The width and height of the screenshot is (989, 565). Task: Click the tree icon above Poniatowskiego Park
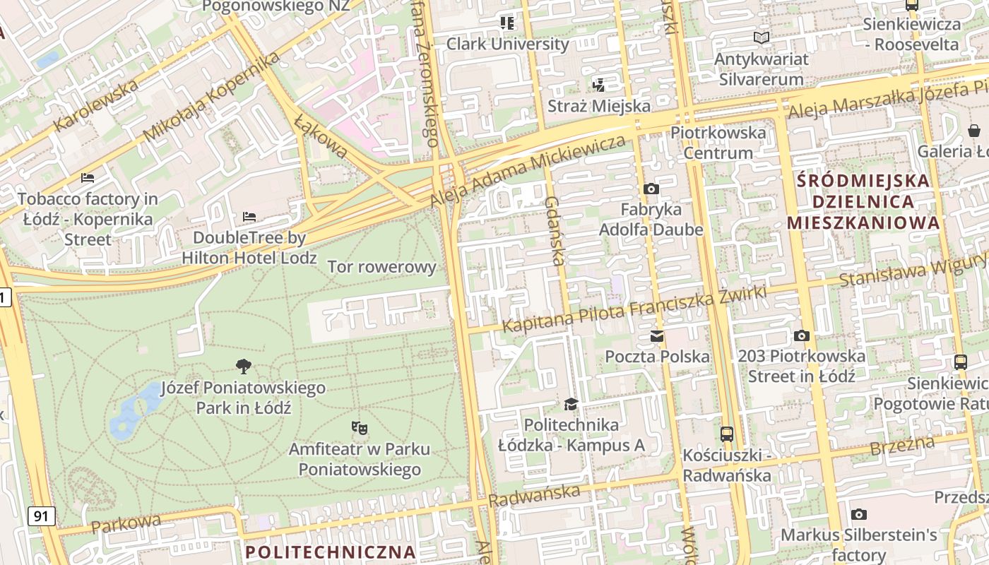(244, 366)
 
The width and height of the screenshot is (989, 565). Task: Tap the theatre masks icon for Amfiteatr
(360, 427)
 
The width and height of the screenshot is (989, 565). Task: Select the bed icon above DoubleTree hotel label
(249, 216)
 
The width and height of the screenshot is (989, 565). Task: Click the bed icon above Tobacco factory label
(88, 177)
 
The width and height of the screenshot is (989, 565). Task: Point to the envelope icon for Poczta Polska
(657, 335)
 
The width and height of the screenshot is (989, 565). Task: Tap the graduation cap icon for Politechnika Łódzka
(571, 404)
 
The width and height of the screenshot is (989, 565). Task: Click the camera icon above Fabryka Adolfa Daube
(651, 189)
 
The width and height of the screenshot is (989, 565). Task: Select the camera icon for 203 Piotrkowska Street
(801, 335)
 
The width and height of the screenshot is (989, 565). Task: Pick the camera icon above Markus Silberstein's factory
(858, 514)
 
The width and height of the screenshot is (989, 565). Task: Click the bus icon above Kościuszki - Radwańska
(726, 434)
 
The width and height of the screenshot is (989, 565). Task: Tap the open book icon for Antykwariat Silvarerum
(761, 37)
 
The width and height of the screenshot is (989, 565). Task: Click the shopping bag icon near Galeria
(974, 130)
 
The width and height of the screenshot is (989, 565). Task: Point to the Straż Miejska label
(599, 106)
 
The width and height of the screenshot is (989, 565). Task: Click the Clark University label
(507, 44)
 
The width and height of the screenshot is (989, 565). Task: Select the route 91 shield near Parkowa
(42, 516)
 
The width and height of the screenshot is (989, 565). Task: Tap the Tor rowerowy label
(382, 267)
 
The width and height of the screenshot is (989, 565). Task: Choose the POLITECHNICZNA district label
(330, 552)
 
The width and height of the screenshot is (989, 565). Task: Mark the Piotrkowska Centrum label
(718, 142)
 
